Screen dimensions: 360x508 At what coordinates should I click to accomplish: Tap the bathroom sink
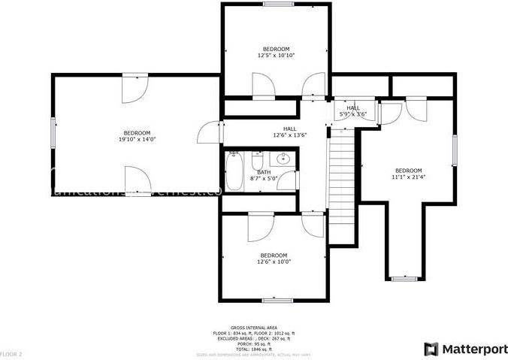[283, 159]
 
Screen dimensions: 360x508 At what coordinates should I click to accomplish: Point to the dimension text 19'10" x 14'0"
[137, 139]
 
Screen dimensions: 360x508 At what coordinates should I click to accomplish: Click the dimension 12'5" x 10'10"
[276, 55]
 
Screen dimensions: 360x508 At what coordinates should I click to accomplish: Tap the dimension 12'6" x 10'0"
[274, 262]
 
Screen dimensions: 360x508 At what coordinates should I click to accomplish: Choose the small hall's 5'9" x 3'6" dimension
[352, 114]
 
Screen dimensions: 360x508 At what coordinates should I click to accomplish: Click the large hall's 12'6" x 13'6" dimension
[289, 135]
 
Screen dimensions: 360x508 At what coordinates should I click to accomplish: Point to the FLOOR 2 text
[11, 353]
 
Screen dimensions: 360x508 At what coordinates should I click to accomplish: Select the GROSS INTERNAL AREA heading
[254, 328]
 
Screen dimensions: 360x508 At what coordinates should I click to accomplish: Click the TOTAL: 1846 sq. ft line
[254, 349]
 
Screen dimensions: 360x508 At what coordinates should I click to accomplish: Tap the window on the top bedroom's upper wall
[277, 4]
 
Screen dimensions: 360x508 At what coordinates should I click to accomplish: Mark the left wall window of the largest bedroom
[53, 133]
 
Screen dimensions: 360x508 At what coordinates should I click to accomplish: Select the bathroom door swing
[290, 180]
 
